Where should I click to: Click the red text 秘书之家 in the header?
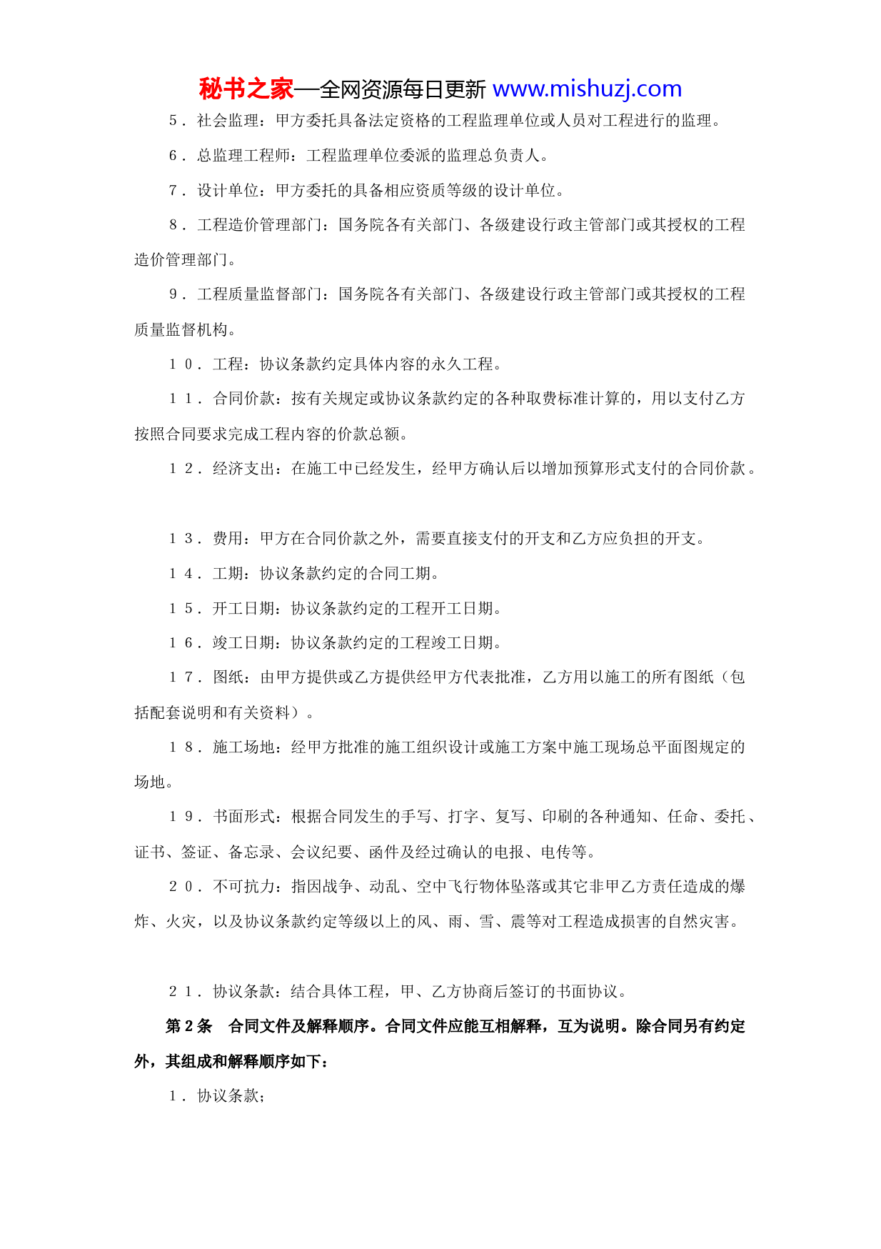[x=246, y=89]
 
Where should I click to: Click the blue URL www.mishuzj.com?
[x=587, y=89]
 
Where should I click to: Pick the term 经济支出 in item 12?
[x=243, y=469]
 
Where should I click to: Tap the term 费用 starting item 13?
[x=228, y=539]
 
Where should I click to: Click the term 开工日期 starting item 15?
[x=243, y=609]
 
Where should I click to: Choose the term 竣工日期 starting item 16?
[x=243, y=643]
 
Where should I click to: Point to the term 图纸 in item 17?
[x=228, y=677]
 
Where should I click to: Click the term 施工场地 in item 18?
[x=243, y=747]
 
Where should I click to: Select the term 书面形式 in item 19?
[x=243, y=817]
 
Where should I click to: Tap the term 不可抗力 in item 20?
[x=243, y=887]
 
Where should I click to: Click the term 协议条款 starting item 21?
[x=243, y=992]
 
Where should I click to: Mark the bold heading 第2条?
[x=189, y=1027]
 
